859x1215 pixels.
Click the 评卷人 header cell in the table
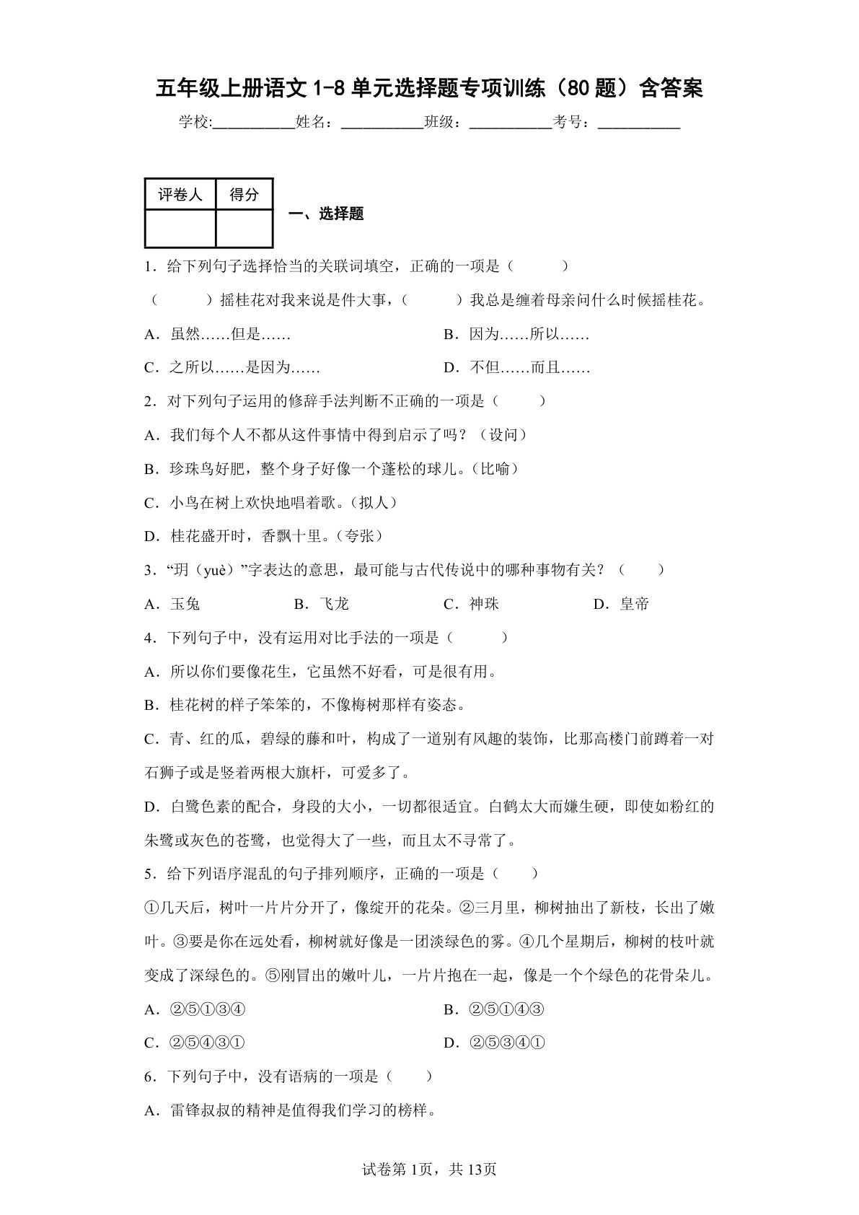[180, 195]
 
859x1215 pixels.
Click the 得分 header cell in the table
[244, 195]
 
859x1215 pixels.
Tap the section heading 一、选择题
[326, 214]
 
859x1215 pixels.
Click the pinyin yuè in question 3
[213, 570]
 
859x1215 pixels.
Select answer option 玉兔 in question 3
[185, 604]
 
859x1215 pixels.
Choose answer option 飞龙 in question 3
[333, 604]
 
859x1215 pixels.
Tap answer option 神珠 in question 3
[484, 604]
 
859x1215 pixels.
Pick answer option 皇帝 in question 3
[634, 604]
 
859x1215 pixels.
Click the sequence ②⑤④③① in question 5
[208, 1043]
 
